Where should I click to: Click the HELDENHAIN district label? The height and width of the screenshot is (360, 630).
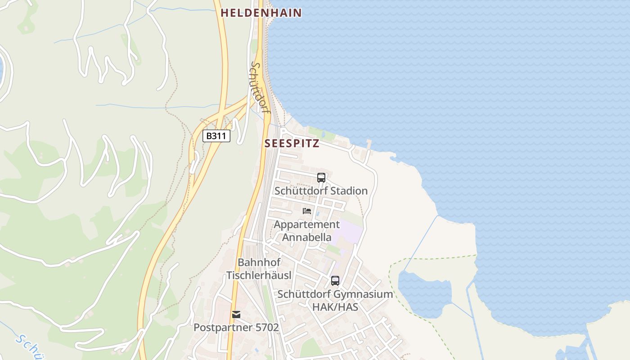pos(261,13)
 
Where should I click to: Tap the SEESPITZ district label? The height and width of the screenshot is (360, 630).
pos(292,144)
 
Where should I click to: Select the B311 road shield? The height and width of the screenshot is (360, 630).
pos(216,136)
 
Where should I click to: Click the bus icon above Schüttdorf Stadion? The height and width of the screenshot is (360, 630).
pos(321,178)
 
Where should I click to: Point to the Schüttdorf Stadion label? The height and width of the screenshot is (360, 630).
pos(321,191)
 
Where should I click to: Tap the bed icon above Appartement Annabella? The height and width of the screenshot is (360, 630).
pos(307,211)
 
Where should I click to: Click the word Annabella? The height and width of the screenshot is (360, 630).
pos(307,237)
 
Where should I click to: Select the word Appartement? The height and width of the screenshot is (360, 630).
pos(307,224)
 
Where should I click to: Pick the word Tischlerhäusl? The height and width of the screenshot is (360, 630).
pos(259,275)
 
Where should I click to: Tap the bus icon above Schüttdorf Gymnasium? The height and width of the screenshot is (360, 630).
pos(335,281)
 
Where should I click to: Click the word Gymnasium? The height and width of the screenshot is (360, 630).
pos(363,294)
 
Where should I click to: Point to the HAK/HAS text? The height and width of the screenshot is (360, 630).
pos(335,307)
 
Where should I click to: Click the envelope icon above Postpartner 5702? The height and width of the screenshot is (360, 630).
pos(236,315)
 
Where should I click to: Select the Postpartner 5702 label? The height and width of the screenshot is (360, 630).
pos(236,328)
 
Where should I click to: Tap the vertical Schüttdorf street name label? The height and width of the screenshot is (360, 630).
pos(258,87)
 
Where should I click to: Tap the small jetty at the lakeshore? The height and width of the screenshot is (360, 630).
pos(369,144)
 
